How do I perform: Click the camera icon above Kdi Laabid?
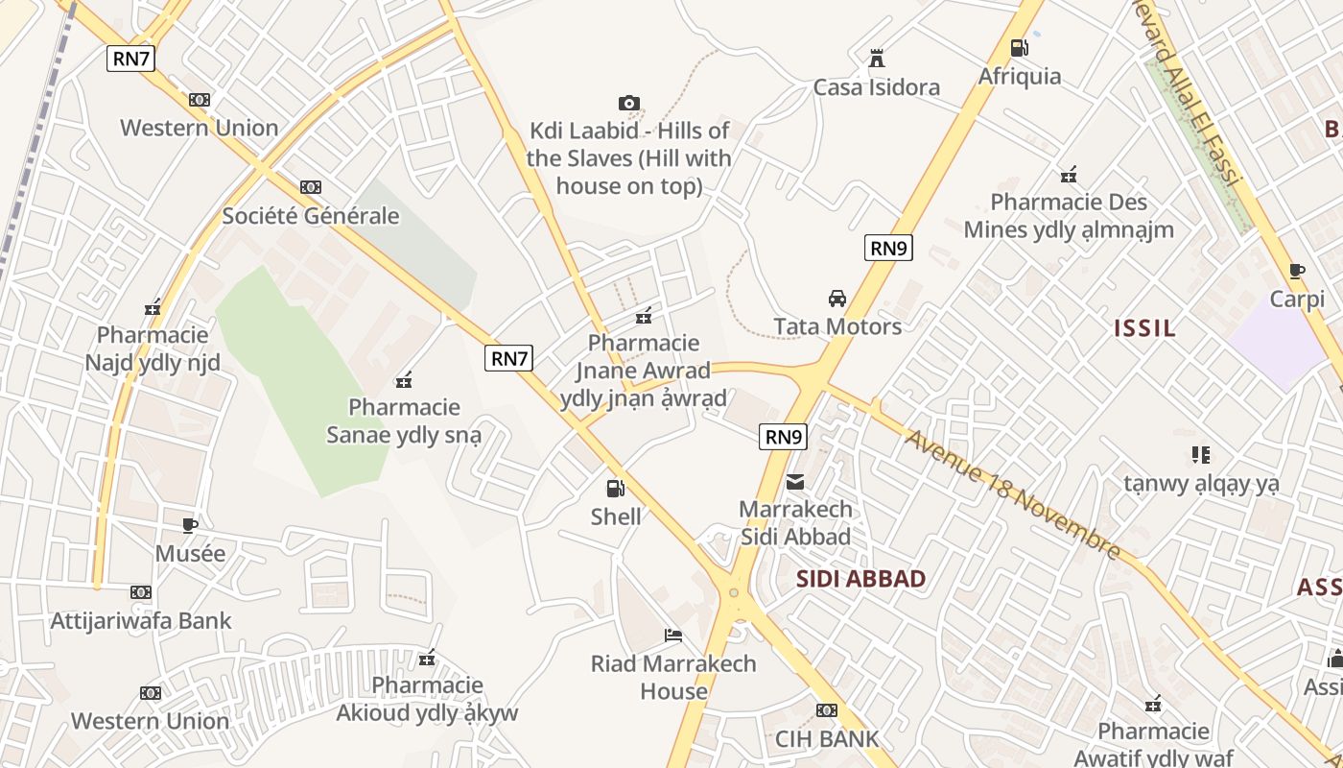click(x=629, y=103)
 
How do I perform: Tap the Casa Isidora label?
click(x=876, y=87)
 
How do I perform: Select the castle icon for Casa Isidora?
click(x=876, y=60)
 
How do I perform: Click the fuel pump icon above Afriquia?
click(x=1019, y=48)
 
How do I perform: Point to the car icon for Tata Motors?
click(x=837, y=298)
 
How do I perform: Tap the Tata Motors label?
click(x=837, y=326)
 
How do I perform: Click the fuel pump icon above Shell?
click(x=615, y=489)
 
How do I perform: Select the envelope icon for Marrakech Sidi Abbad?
click(x=795, y=481)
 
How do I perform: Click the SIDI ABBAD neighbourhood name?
click(x=860, y=579)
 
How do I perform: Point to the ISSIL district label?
click(x=1144, y=328)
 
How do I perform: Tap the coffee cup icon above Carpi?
click(x=1297, y=272)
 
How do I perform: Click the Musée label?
click(x=190, y=554)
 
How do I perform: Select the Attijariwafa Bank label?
click(x=141, y=621)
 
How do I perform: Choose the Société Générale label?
click(x=310, y=216)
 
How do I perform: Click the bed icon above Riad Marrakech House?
click(x=673, y=636)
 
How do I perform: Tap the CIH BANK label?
click(x=827, y=739)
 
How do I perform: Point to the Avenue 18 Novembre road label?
click(x=1012, y=494)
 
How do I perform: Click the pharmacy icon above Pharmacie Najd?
click(x=153, y=308)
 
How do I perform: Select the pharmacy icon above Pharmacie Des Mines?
click(x=1069, y=176)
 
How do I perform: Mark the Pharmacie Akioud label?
click(x=427, y=699)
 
